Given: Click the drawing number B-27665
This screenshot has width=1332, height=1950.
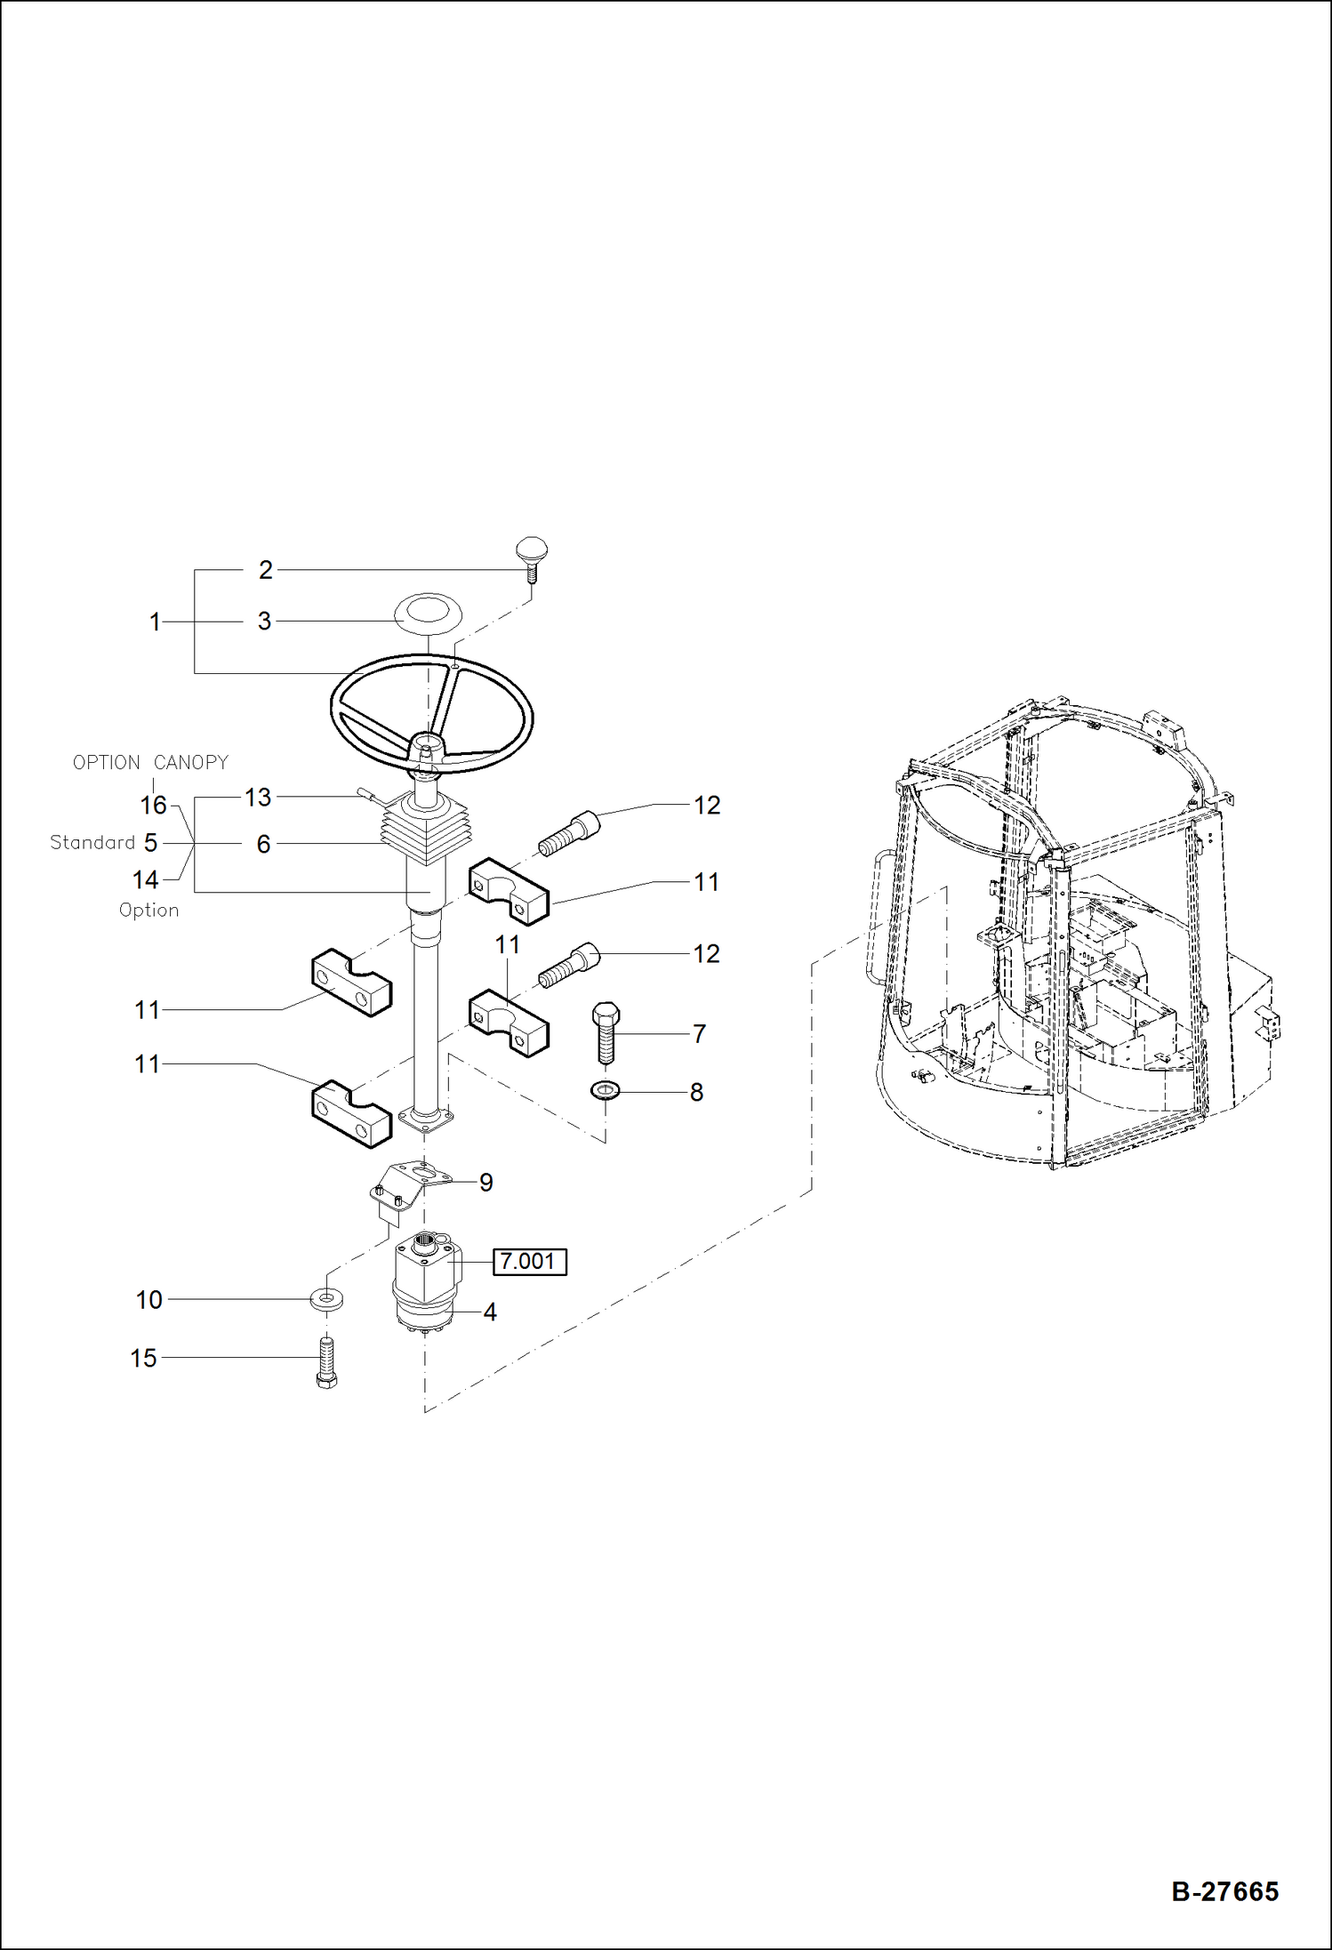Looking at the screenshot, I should pos(1224,1891).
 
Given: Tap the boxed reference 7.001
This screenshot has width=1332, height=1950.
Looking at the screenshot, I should pos(529,1261).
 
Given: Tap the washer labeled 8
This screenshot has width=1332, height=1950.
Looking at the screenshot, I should pos(606,1089).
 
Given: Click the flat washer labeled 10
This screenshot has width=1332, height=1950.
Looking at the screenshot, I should pos(327,1299).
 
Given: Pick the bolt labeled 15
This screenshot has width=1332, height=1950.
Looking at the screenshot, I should pos(326,1362).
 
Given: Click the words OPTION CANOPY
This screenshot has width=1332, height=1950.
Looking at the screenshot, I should pos(150,762).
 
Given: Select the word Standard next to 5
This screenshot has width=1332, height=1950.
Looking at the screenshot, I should pos(92,842).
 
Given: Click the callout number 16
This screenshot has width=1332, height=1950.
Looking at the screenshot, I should pos(153,805).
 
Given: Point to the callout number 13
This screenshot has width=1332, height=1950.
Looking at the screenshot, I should pos(258,797).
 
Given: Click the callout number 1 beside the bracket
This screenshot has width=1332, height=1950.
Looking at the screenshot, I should pos(155,622).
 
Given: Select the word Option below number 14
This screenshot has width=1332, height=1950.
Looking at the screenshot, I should pos(148,910).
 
